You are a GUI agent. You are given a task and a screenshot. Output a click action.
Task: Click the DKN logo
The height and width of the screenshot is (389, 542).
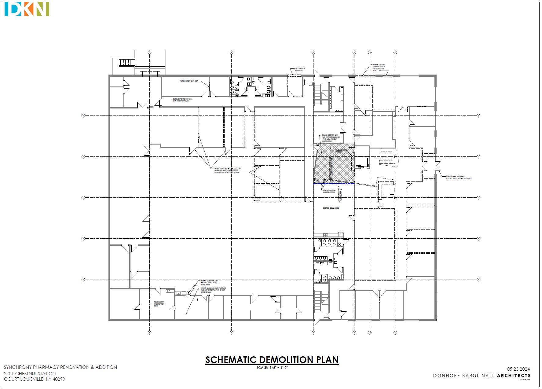point(27,9)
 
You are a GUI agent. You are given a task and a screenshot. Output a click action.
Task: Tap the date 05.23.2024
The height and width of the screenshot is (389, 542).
point(518,369)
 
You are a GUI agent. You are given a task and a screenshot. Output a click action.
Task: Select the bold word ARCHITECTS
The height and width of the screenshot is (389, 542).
point(514,376)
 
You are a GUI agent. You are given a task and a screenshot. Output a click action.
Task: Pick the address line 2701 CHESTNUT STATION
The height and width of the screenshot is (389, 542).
point(30,373)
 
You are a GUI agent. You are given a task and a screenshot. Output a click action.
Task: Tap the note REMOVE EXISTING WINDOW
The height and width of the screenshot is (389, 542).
point(189,81)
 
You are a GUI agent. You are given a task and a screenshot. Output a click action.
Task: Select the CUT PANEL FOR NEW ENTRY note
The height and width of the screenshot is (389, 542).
point(300,70)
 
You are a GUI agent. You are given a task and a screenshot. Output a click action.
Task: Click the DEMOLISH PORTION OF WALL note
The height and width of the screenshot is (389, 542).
point(182,100)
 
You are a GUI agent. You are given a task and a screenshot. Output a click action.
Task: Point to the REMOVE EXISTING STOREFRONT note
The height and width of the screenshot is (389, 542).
point(379,68)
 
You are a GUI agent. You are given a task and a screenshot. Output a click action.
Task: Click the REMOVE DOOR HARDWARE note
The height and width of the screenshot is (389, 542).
point(459,177)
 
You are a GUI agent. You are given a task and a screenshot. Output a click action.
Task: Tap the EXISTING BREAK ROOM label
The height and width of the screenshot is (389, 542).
point(331,208)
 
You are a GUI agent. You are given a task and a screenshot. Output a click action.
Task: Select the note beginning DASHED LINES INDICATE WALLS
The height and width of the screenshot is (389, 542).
point(228,170)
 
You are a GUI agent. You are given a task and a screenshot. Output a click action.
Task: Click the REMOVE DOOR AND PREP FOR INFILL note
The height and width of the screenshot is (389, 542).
point(159,304)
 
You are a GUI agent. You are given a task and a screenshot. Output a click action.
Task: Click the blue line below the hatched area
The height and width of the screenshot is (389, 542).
point(334,184)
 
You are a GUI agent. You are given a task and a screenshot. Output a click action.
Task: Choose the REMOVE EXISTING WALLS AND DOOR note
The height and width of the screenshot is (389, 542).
point(329,191)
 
